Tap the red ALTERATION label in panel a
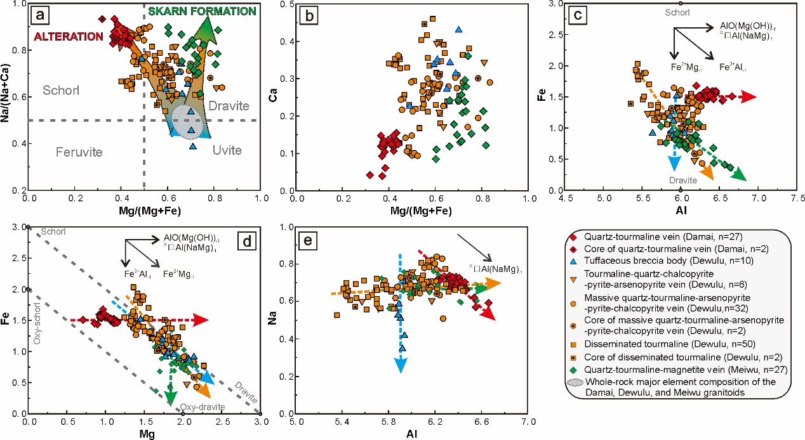coord(60,37)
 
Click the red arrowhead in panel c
coord(749,97)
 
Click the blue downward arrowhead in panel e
coord(401,365)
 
